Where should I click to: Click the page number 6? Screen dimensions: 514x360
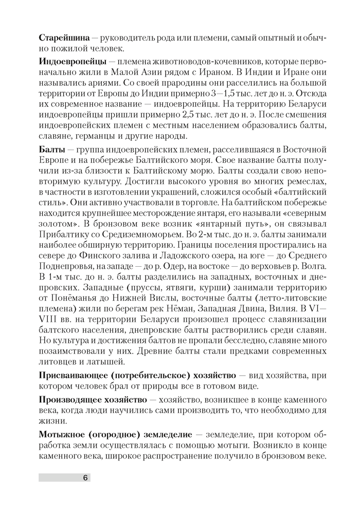(85, 478)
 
